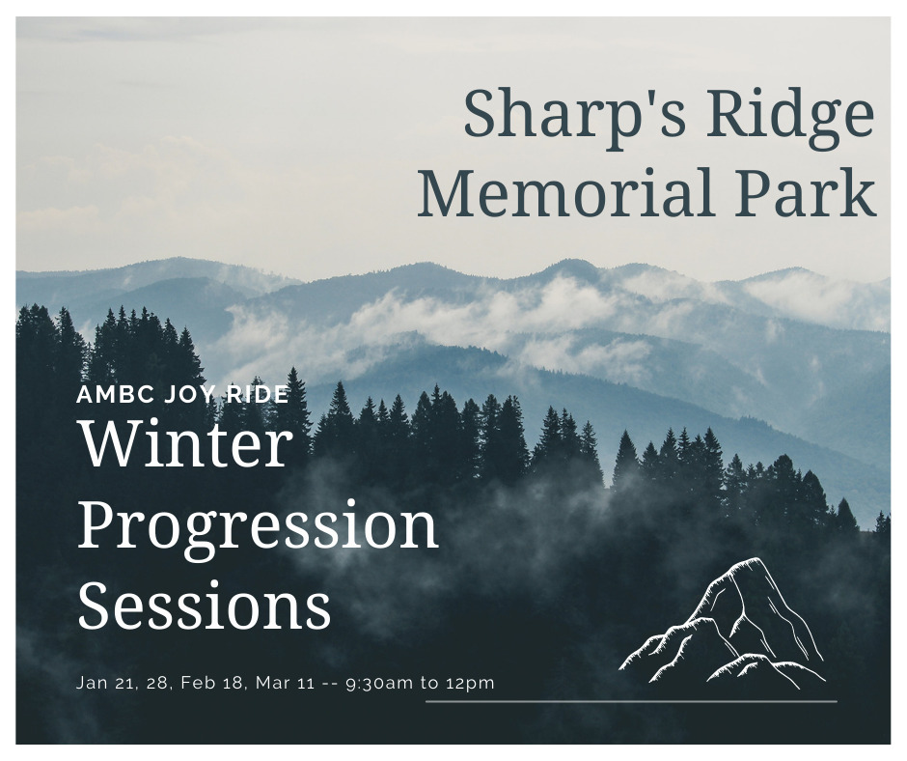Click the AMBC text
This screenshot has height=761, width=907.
[x=115, y=394]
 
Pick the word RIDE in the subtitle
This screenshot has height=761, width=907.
[x=257, y=394]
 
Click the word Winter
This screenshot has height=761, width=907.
[x=184, y=443]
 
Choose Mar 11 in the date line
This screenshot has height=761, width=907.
[x=286, y=684]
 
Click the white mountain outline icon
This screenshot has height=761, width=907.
[x=723, y=623]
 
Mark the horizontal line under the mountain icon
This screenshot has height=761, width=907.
[x=631, y=701]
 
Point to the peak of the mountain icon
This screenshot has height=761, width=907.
[x=755, y=559]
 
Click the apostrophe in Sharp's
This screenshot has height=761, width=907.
[x=644, y=97]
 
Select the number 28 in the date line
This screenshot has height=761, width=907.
[x=156, y=684]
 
